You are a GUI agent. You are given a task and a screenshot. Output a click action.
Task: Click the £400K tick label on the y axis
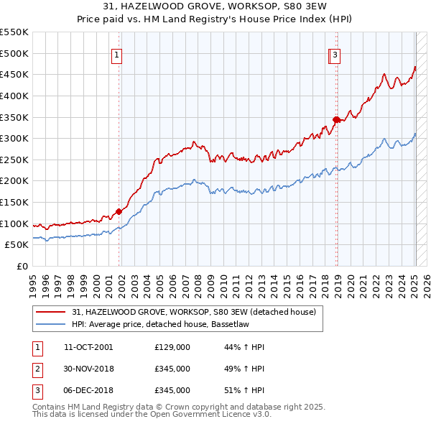(14, 96)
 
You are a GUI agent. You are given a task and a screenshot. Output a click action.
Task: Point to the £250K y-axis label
(14, 160)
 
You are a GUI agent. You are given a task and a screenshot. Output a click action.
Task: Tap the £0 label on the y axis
(22, 266)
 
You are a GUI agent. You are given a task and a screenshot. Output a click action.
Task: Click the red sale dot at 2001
(119, 211)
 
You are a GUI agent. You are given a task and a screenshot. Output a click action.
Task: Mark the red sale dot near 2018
(335, 119)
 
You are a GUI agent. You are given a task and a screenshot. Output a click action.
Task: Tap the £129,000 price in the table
(172, 347)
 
